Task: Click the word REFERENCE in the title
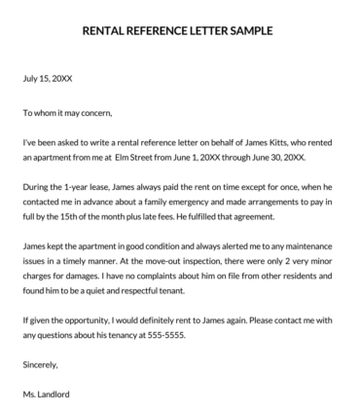click(156, 30)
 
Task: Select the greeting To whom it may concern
click(70, 113)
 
